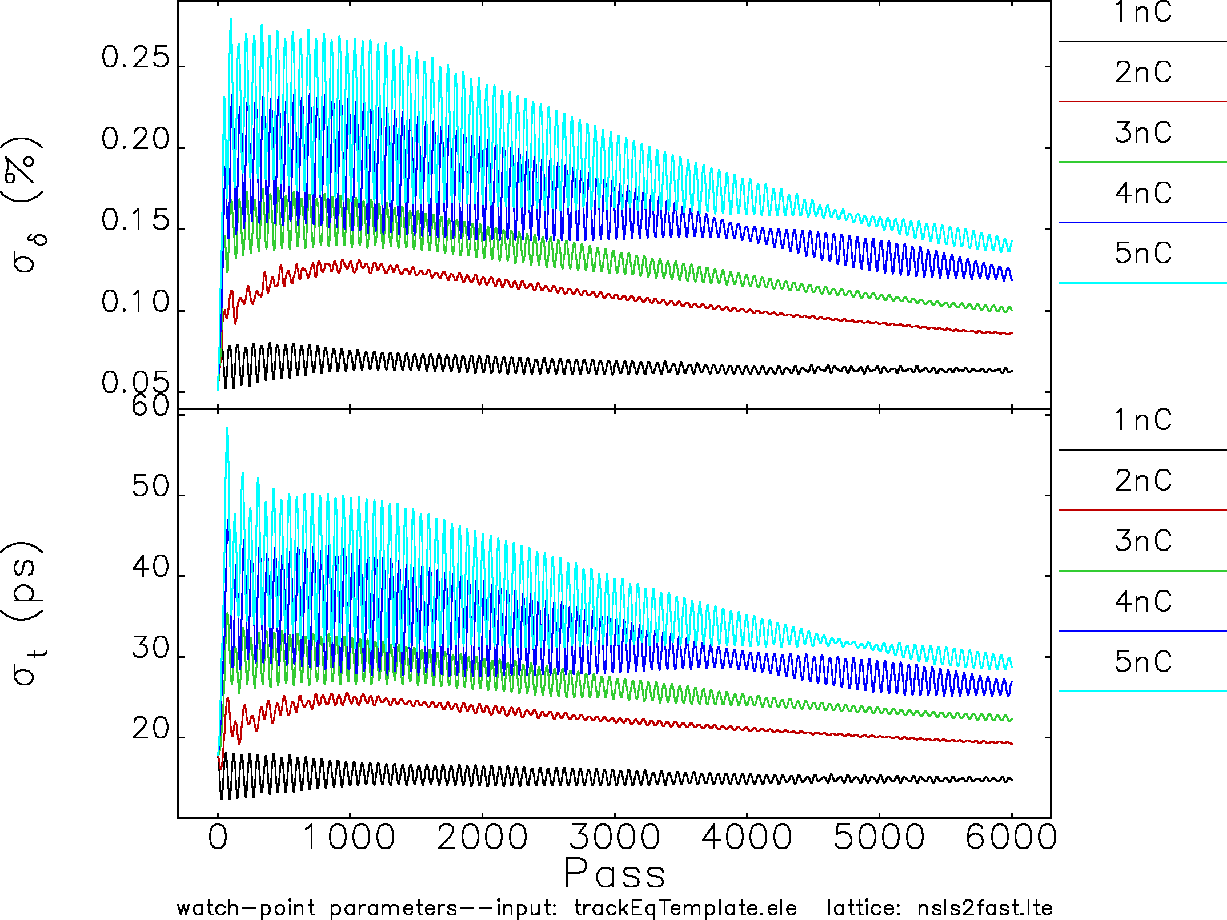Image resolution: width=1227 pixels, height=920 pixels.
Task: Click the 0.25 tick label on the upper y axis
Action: coord(135,58)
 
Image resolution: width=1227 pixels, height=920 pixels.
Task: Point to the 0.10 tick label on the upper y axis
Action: coord(135,302)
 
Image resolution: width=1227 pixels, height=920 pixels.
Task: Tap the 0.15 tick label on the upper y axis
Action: coord(135,220)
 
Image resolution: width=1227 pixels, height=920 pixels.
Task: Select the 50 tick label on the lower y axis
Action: coord(151,487)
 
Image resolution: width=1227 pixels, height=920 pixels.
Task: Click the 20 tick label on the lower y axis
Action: coord(151,729)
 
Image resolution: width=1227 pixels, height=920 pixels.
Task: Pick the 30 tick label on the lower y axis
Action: coord(151,648)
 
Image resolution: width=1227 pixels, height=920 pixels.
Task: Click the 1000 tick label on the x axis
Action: coord(349,838)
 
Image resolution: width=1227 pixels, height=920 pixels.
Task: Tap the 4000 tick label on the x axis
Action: coord(747,838)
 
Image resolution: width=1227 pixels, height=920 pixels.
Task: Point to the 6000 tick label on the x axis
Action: coord(1011,838)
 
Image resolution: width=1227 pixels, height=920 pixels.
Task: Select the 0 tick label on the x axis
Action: coord(218,838)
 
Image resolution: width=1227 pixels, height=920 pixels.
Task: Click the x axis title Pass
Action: coord(615,873)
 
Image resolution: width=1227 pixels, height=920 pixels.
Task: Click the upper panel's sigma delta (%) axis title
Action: coord(26,206)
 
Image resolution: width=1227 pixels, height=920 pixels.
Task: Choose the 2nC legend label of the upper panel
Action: coord(1143,73)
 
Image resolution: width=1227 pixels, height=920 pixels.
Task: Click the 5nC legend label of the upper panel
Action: coord(1143,253)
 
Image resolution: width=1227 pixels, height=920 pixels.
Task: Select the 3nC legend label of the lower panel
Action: coord(1143,541)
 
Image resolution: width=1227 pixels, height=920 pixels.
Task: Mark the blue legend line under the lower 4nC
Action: coord(1142,631)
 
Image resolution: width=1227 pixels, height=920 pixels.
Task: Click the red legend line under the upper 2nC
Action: coord(1142,102)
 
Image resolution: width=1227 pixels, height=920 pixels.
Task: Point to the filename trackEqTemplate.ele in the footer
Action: coord(685,908)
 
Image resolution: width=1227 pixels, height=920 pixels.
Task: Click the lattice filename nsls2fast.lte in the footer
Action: coord(985,908)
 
